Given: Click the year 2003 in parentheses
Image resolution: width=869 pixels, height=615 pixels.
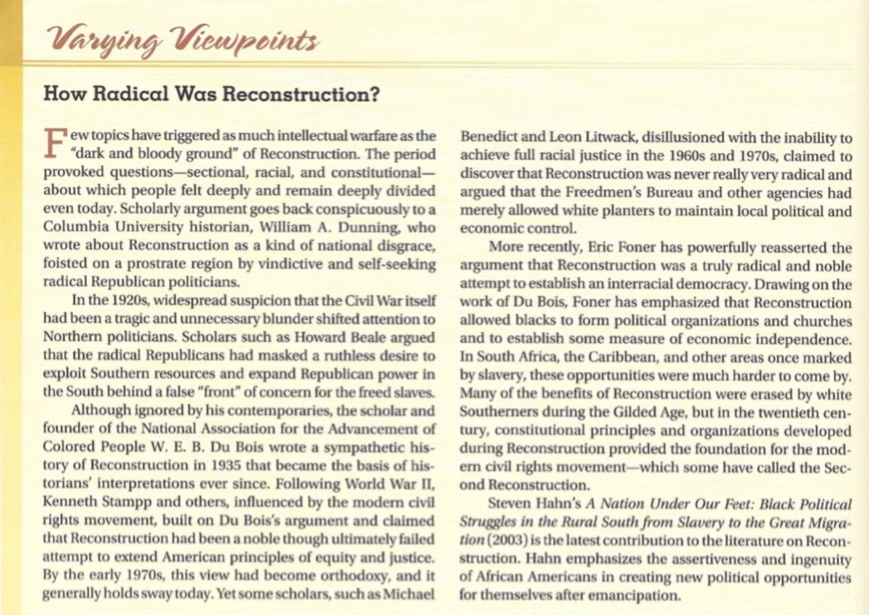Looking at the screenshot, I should pos(506,540).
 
